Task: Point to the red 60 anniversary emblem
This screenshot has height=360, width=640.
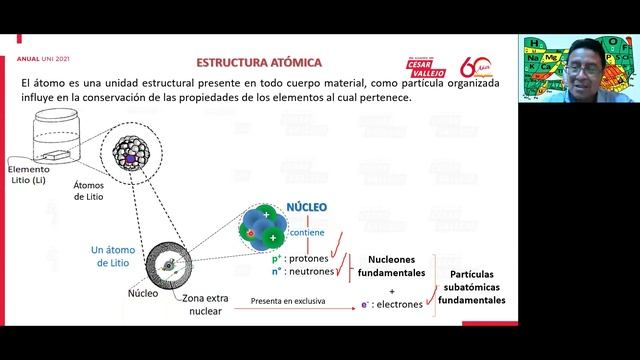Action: (x=473, y=66)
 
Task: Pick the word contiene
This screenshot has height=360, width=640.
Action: (x=306, y=232)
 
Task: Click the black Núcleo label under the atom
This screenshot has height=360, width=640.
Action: (x=143, y=294)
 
